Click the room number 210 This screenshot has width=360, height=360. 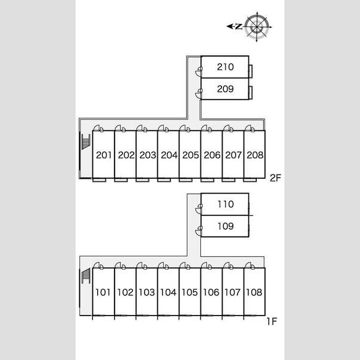click(x=225, y=67)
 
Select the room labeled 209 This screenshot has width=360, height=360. click(x=225, y=89)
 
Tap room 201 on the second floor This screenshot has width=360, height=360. click(x=104, y=155)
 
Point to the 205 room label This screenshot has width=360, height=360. click(x=190, y=155)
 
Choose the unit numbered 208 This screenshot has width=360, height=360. click(x=255, y=155)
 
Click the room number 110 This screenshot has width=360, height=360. click(x=226, y=204)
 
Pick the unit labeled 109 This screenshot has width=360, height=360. click(x=226, y=226)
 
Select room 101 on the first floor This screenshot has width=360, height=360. click(x=103, y=292)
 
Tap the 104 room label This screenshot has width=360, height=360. click(x=168, y=292)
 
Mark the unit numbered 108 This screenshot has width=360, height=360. click(x=254, y=292)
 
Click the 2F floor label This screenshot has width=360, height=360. click(x=275, y=178)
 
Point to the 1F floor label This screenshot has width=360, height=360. click(x=272, y=322)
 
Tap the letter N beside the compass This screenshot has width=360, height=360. click(x=239, y=27)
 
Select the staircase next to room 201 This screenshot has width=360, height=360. click(x=86, y=142)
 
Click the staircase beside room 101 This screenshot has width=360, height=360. click(x=86, y=275)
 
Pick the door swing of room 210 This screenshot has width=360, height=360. click(x=199, y=71)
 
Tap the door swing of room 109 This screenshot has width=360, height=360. click(x=199, y=231)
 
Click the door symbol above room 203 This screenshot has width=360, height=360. click(x=142, y=128)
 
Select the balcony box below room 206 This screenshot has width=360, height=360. click(x=208, y=180)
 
